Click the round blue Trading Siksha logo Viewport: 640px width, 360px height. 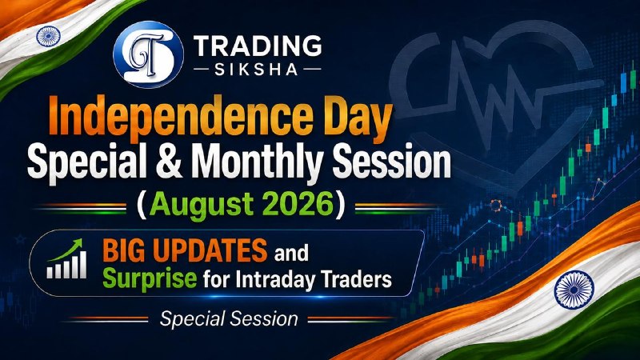point(148,54)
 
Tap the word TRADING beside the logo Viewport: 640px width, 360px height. point(258,46)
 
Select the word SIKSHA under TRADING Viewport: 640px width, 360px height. point(257,70)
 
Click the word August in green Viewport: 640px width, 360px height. point(197,205)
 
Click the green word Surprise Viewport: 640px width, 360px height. point(150,278)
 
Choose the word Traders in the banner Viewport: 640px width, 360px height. point(356,279)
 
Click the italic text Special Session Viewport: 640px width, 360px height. point(229,318)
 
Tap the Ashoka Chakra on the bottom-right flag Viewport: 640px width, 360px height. point(574,290)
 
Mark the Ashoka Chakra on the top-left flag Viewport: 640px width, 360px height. point(48,36)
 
